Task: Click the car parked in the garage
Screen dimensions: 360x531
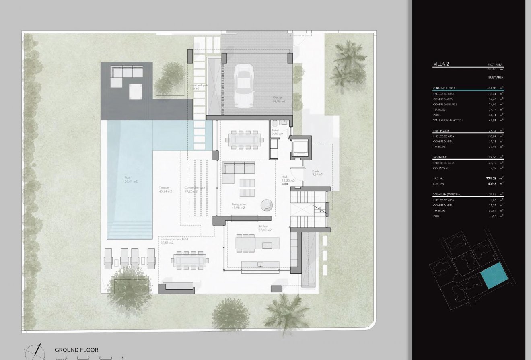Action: [244, 86]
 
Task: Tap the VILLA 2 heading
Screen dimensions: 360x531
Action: [441, 64]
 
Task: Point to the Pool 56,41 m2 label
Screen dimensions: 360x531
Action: [131, 179]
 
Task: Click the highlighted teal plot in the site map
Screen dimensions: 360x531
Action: [494, 276]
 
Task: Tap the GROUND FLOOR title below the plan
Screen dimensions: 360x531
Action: [76, 350]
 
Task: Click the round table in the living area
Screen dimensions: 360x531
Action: [266, 205]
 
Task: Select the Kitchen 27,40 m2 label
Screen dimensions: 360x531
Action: [264, 228]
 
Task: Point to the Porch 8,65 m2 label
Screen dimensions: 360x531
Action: [317, 173]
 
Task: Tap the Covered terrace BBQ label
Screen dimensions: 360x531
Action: [174, 241]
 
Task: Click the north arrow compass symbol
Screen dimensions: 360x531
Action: [33, 352]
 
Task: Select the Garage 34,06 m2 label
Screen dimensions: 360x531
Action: [279, 99]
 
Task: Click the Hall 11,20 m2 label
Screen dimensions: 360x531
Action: [288, 179]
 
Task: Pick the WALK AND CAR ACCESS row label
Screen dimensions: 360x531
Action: [447, 120]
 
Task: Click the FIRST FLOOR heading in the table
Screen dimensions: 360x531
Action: [441, 131]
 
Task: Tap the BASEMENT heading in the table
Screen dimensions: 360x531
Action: [440, 157]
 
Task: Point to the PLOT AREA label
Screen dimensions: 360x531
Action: [495, 64]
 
